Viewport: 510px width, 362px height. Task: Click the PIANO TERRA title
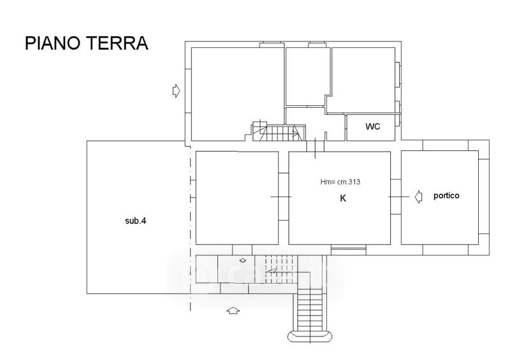point(87,43)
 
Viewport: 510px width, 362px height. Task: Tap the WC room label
point(372,127)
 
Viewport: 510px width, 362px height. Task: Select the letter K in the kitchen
point(343,198)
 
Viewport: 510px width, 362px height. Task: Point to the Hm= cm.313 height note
point(340,182)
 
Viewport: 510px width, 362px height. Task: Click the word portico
point(446,196)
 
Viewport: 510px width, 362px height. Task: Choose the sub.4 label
point(136,221)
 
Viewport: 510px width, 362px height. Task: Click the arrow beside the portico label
point(419,196)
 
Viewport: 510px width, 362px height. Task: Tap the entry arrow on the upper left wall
point(176,90)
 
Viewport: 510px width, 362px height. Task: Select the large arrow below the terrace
point(233,310)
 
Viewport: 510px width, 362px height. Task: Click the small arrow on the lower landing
point(243,260)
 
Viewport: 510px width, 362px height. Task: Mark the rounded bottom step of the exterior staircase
point(310,337)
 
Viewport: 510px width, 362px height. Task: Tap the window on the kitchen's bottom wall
point(348,250)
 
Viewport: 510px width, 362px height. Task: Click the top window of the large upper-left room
point(272,45)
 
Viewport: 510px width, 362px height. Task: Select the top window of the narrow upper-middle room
point(317,45)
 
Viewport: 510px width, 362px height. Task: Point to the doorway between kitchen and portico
point(396,197)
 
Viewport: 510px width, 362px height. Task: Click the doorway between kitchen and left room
point(284,197)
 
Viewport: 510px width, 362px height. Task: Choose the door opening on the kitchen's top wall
point(315,146)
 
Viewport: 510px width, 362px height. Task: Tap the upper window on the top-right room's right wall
point(398,75)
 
